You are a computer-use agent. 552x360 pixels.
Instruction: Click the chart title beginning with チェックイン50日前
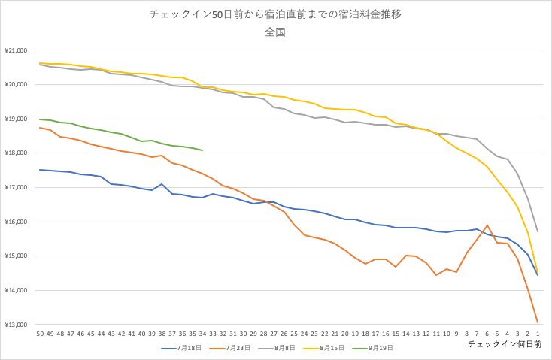[275, 14]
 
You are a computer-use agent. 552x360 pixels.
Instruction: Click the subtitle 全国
[275, 32]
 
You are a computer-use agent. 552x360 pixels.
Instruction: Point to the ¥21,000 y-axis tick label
[16, 50]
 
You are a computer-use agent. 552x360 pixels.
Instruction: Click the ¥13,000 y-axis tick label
[16, 325]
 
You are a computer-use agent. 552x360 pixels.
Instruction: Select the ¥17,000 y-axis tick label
[16, 187]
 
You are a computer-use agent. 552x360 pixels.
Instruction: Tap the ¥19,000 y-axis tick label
[16, 119]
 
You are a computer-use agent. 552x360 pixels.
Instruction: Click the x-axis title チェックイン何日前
[505, 343]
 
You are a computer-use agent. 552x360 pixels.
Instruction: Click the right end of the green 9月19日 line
[202, 150]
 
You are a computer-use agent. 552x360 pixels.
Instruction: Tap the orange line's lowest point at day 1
[538, 322]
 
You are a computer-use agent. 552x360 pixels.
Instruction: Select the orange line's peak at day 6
[487, 225]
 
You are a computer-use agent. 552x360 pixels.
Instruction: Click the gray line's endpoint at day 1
[538, 231]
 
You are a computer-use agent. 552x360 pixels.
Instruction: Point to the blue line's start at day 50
[40, 170]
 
